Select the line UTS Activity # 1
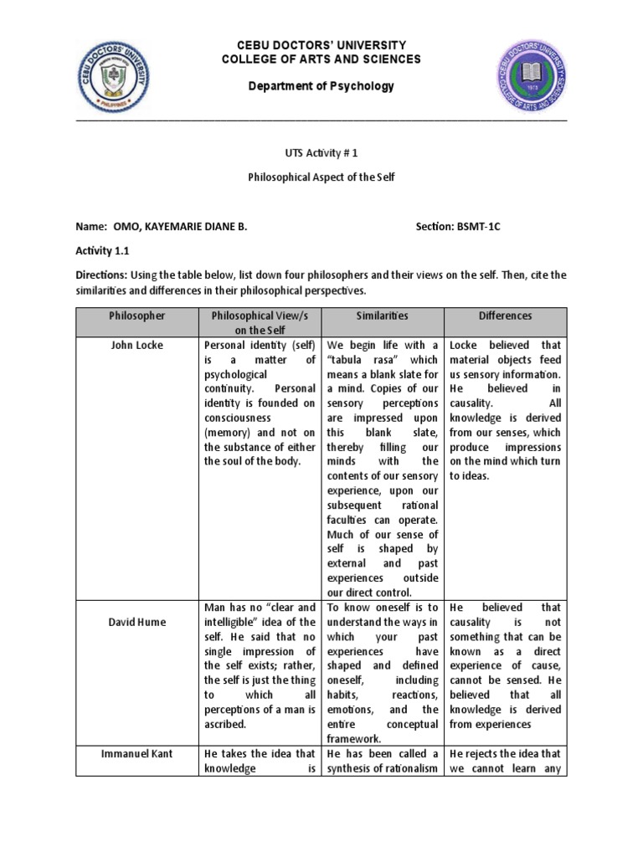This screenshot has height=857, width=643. (x=321, y=154)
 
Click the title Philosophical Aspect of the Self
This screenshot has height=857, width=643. (x=321, y=177)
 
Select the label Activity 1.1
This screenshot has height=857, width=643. (x=103, y=250)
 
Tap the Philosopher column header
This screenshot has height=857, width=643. (x=137, y=316)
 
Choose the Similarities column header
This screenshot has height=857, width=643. (x=383, y=316)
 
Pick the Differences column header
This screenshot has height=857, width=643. (x=505, y=316)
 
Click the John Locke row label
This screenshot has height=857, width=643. (x=137, y=345)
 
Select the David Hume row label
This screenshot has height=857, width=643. (x=137, y=622)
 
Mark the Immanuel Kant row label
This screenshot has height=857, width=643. (x=137, y=754)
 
